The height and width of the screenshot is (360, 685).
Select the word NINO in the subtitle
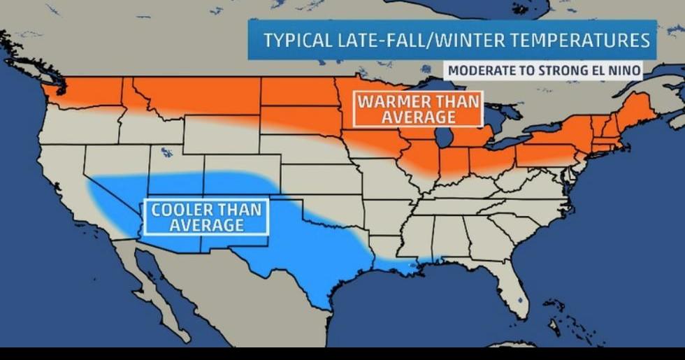tap(621, 71)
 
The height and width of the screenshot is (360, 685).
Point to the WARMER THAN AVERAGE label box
tap(417, 109)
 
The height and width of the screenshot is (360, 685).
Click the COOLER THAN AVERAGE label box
tap(206, 217)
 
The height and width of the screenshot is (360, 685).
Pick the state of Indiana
tap(454, 161)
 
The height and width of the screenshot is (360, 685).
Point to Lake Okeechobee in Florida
tap(521, 300)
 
